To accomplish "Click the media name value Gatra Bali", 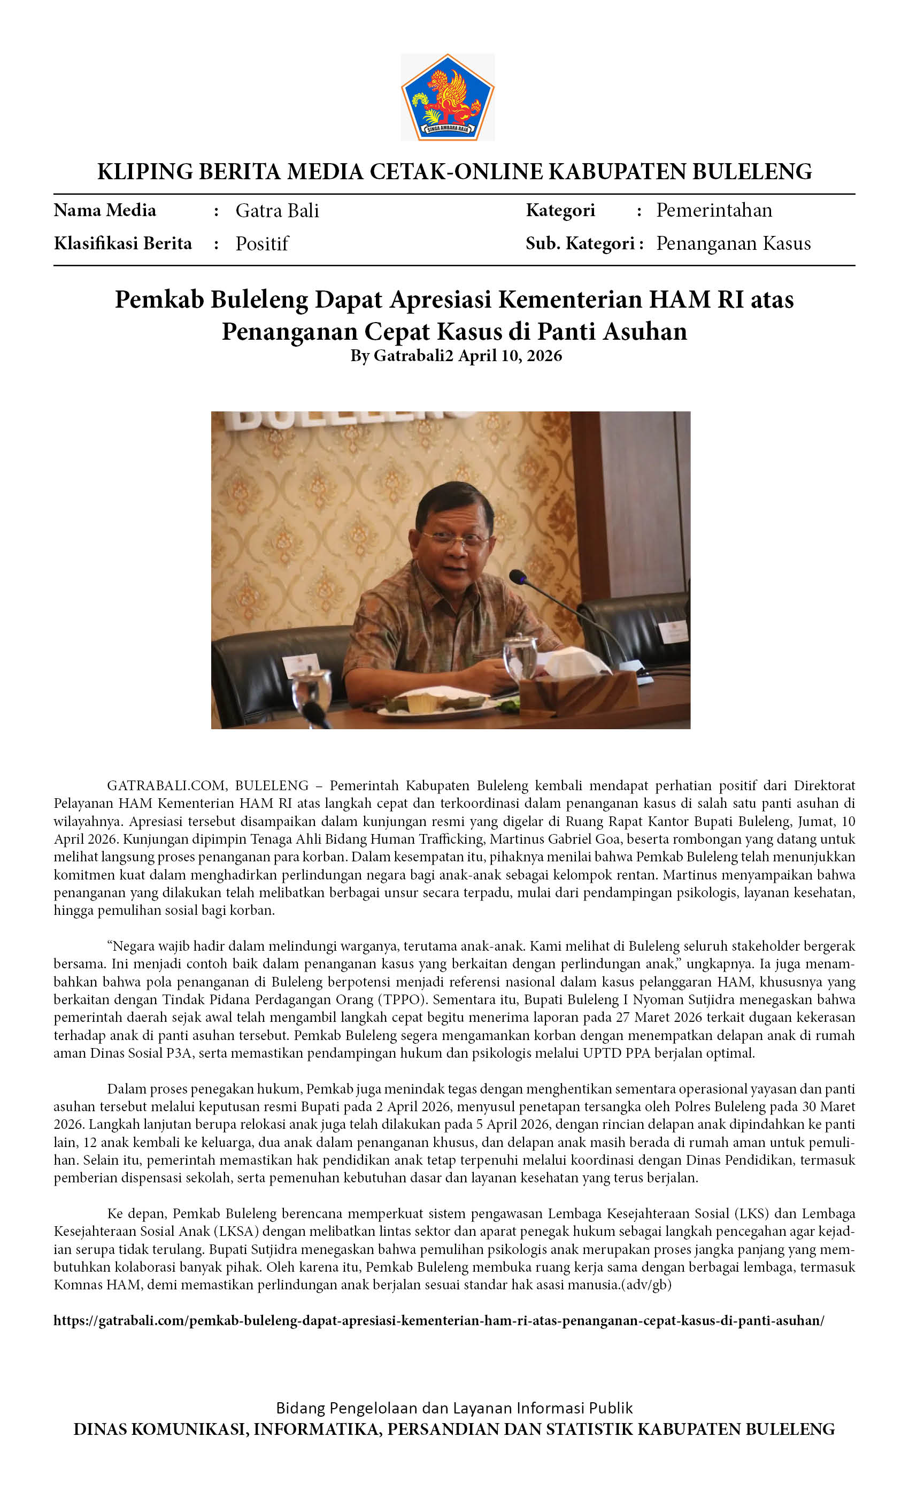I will tap(277, 210).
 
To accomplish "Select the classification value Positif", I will tap(262, 244).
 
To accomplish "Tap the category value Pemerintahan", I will tap(714, 210).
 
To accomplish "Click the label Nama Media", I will tap(104, 210).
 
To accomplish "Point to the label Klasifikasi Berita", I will tap(123, 244).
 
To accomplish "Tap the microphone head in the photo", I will tap(517, 575).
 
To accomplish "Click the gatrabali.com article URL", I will tap(438, 1320).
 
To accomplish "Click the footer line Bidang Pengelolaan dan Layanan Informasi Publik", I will tap(454, 1408).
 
